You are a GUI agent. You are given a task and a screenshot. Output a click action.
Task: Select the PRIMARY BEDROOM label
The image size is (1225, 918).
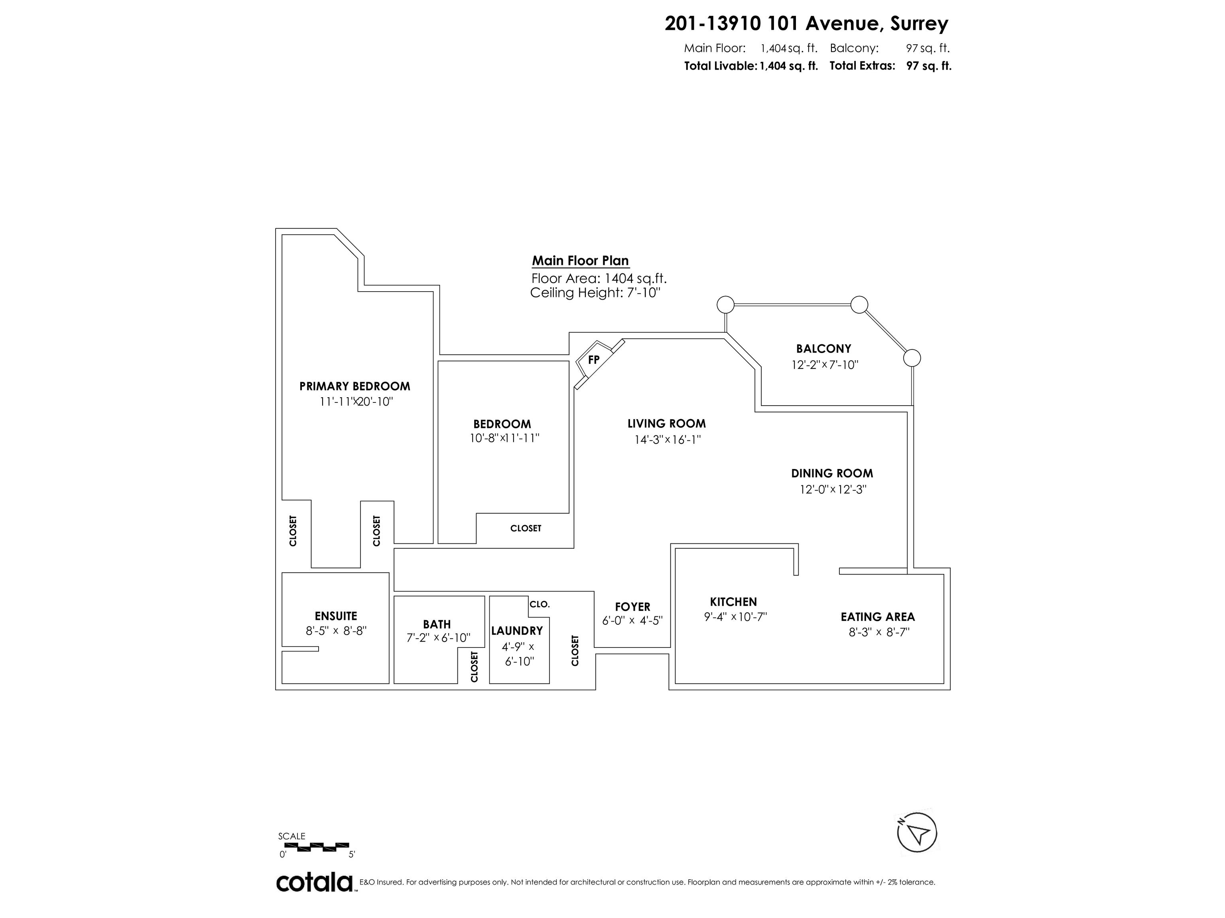tap(355, 386)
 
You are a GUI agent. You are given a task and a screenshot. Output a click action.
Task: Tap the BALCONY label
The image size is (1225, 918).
tap(823, 349)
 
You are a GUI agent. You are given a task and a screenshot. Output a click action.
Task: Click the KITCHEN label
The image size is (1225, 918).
tap(733, 602)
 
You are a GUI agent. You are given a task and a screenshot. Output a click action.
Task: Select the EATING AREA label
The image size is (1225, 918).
tap(878, 616)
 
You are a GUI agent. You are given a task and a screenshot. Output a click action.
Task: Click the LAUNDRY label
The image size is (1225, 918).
tap(517, 631)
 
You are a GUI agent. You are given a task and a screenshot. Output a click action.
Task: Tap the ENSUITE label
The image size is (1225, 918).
tap(336, 616)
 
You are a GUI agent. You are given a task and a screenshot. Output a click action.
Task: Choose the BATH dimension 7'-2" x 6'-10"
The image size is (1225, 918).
tap(439, 638)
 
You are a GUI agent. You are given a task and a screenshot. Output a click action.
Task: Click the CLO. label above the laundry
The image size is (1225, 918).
tap(540, 604)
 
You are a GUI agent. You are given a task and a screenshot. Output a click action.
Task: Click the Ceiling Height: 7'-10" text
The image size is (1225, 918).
tap(595, 293)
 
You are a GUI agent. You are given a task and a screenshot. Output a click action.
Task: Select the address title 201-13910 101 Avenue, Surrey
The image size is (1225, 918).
tap(806, 24)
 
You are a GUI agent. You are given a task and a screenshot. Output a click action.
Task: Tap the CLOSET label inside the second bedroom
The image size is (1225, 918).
tap(526, 528)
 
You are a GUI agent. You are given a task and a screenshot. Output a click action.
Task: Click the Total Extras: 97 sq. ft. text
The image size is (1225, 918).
tap(890, 66)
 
